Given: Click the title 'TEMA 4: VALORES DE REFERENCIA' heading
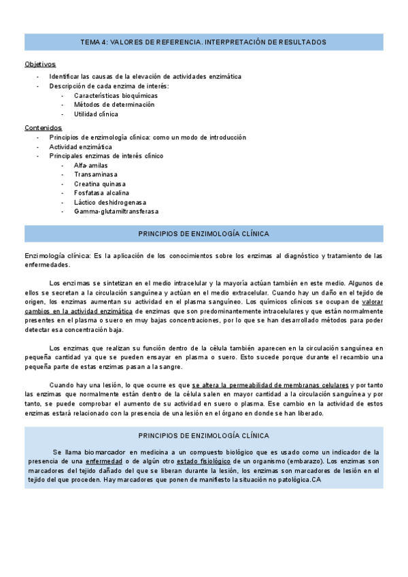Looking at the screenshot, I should pos(203,42).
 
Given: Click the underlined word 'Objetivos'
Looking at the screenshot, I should pos(40,64).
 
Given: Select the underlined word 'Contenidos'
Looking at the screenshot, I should pos(44,127).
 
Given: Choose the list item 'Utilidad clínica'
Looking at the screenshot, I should pos(96,114).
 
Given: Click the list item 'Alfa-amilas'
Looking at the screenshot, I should pos(91,165).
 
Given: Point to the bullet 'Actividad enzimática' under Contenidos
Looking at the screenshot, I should pos(81,146).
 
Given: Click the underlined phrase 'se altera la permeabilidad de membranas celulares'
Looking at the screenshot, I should pos(270,385).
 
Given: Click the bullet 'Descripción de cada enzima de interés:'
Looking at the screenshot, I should pos(109,86).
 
